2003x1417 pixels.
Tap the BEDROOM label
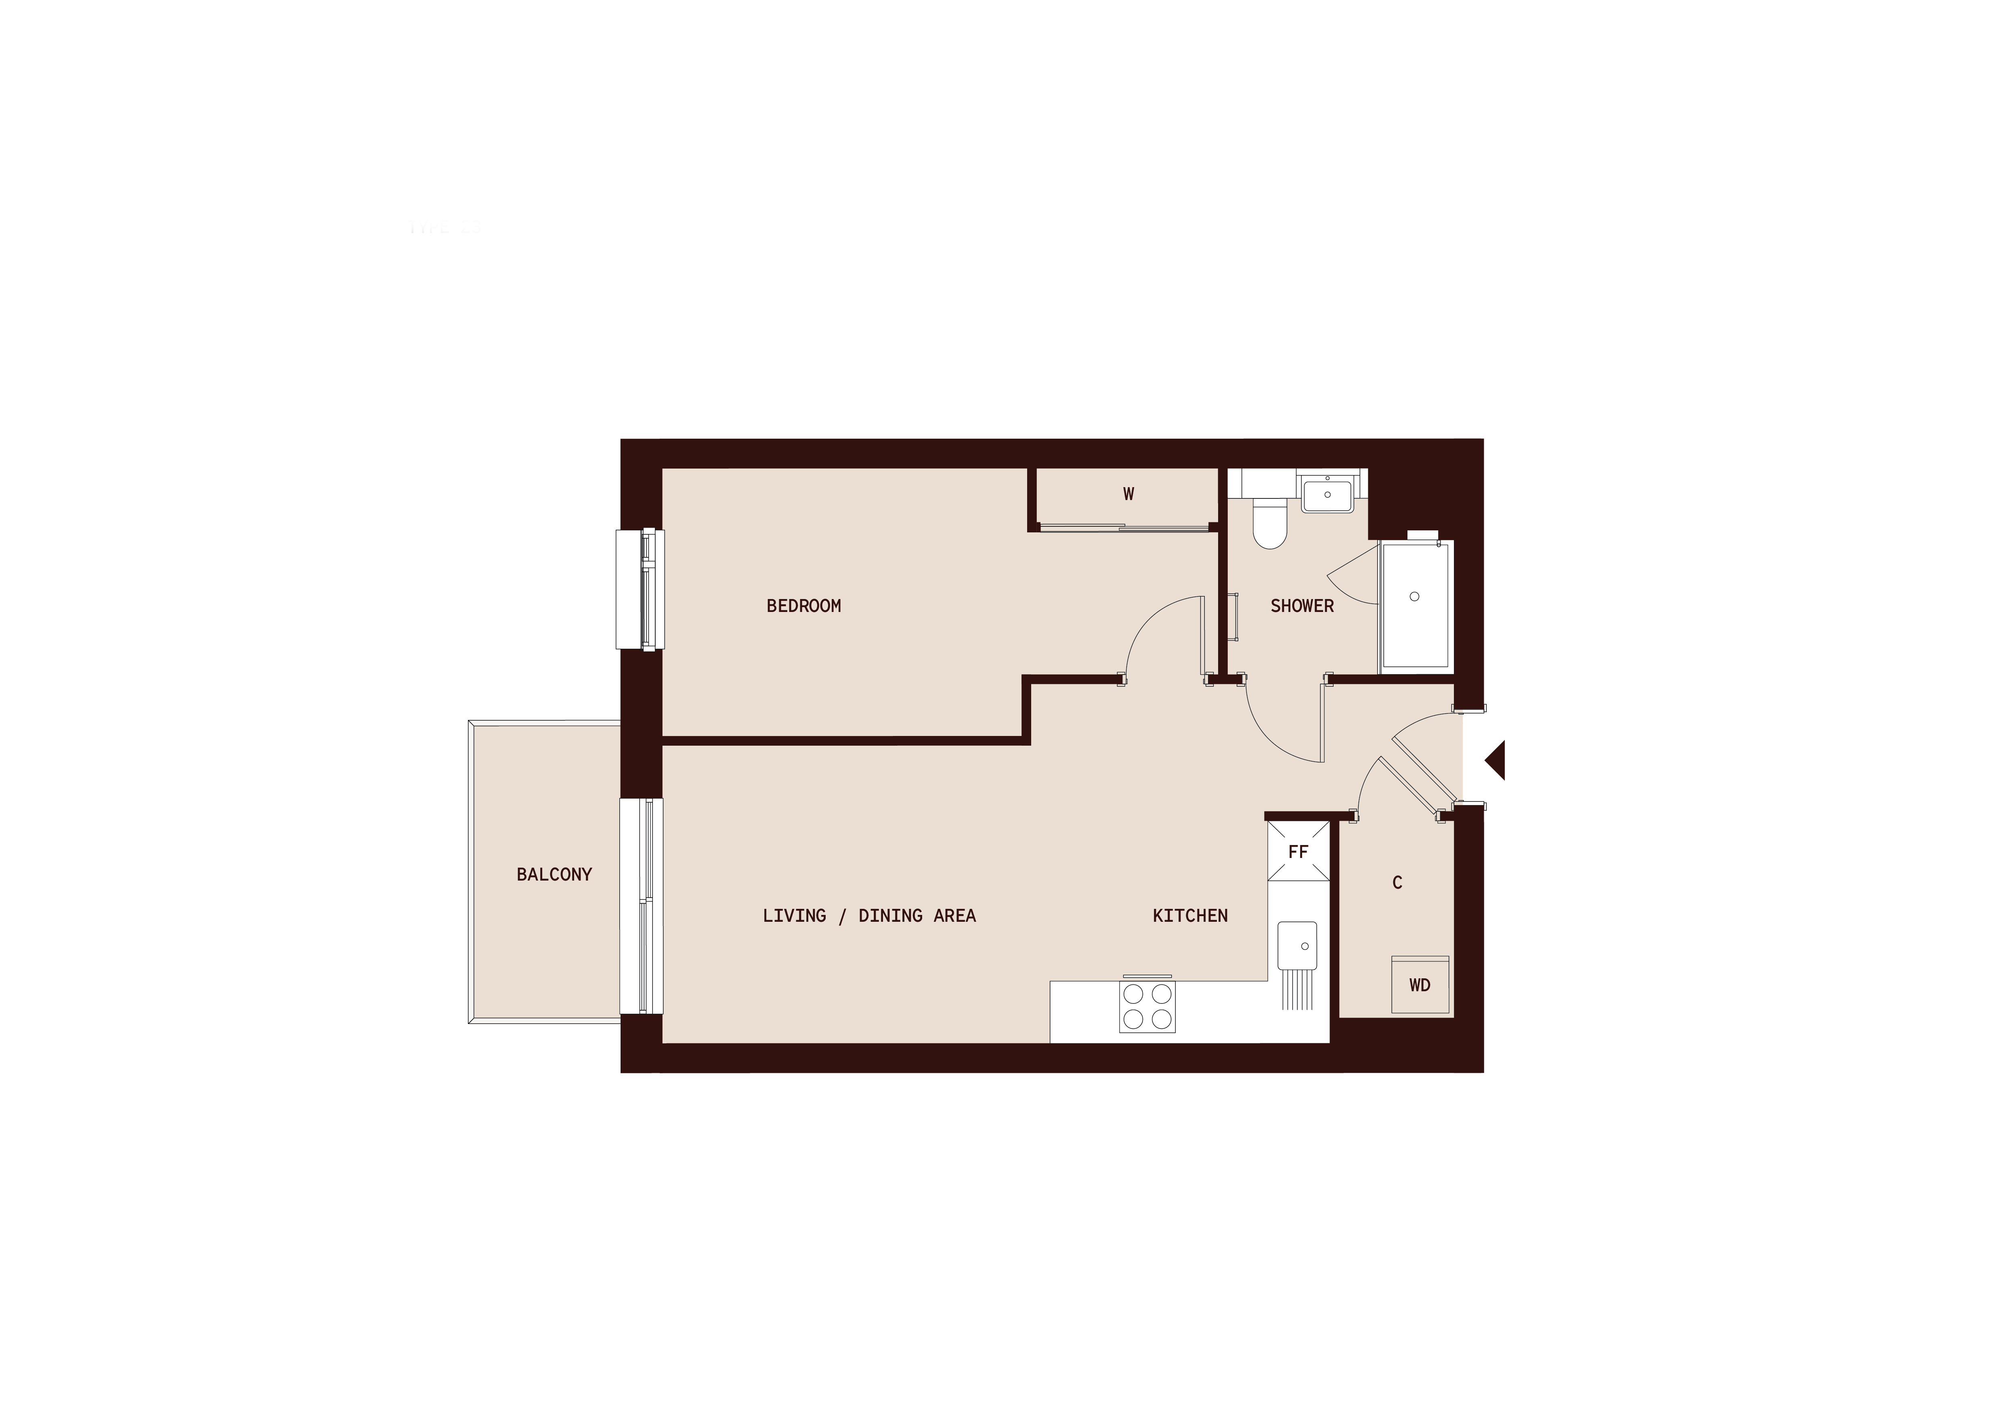[803, 605]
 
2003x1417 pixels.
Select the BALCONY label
[554, 874]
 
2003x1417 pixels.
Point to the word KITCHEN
[1190, 915]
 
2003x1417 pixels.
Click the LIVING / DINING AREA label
[869, 915]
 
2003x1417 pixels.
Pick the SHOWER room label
[1302, 605]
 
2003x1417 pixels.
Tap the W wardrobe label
[1128, 494]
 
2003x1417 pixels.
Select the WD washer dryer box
[1419, 985]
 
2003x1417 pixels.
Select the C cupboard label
[1397, 882]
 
